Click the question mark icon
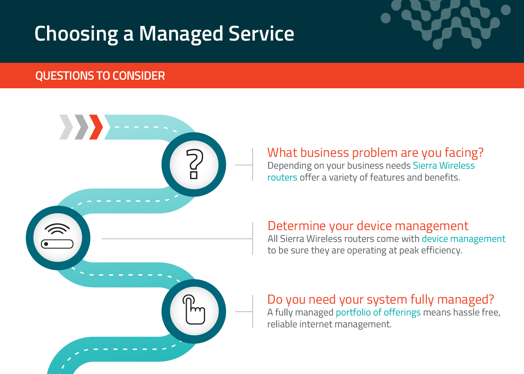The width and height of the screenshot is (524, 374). [x=194, y=164]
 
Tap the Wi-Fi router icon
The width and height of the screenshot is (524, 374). [x=57, y=236]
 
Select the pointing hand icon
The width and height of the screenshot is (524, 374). [x=194, y=309]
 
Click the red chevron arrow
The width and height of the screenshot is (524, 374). [x=96, y=127]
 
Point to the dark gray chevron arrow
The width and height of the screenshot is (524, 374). [x=81, y=127]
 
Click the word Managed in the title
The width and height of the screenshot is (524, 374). [x=181, y=34]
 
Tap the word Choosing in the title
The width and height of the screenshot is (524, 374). [x=76, y=34]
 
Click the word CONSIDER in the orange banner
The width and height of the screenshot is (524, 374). [x=139, y=76]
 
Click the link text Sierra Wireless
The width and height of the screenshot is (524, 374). [x=444, y=165]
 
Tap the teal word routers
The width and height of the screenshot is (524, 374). [x=282, y=177]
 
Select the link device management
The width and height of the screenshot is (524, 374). [x=464, y=239]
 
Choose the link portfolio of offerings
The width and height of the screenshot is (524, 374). [x=378, y=313]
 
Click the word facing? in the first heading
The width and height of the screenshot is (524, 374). [x=464, y=153]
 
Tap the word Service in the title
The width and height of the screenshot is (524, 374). [x=261, y=34]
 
